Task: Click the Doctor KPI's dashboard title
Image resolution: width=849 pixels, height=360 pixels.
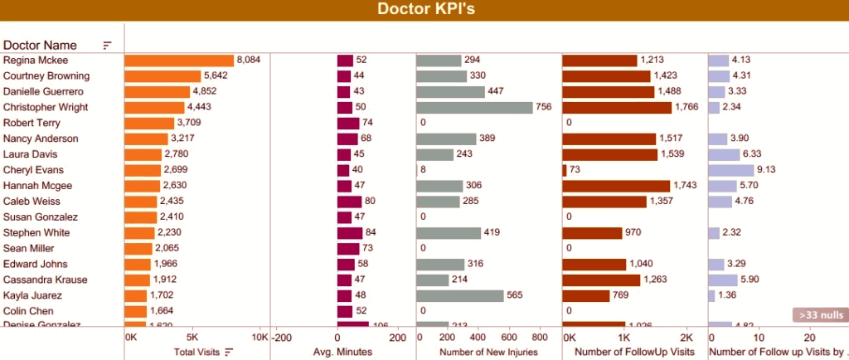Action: tap(424, 10)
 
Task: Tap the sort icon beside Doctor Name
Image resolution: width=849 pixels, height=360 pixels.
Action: tap(107, 45)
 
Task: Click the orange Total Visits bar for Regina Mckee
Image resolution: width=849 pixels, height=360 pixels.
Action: tap(179, 61)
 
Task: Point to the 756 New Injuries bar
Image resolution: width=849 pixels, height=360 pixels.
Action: tap(474, 107)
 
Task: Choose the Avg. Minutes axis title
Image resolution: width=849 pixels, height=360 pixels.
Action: tap(343, 352)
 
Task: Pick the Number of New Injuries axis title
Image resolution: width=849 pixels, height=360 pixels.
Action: tap(488, 352)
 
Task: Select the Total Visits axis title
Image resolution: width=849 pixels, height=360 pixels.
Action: tap(196, 352)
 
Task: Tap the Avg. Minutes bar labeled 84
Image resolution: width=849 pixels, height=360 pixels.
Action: tap(350, 232)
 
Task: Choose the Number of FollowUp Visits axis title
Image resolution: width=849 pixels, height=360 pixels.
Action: tap(633, 352)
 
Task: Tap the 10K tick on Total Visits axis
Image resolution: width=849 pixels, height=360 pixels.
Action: tap(259, 338)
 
